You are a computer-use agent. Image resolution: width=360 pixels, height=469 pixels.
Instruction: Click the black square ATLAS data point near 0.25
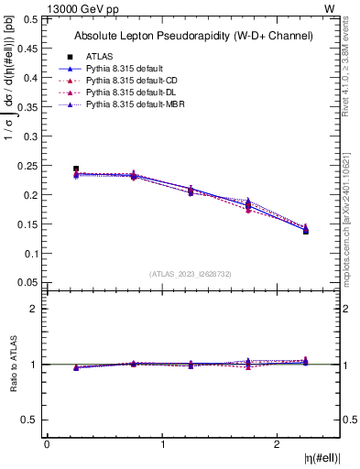[76, 169]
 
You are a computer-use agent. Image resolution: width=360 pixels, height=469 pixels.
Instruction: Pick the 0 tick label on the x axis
[47, 444]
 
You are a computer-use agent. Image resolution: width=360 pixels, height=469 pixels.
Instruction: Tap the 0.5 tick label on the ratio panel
[31, 420]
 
